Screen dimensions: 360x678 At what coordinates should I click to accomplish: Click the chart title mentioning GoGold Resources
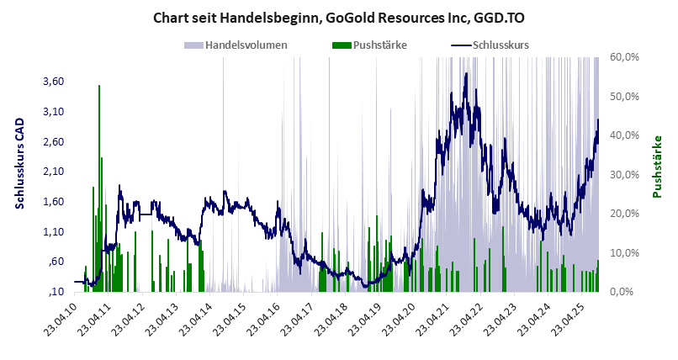click(x=338, y=17)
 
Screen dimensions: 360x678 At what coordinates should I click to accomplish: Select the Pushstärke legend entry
click(x=370, y=45)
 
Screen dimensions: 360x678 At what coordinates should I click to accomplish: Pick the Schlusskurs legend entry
click(x=491, y=45)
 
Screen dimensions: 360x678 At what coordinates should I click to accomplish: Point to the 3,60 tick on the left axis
click(x=52, y=82)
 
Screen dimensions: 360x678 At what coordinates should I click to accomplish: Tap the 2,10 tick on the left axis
click(x=52, y=172)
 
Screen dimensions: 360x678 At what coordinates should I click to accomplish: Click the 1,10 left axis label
click(x=52, y=231)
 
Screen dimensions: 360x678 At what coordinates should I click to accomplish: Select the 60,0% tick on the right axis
click(x=627, y=56)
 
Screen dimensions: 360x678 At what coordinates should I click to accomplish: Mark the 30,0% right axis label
click(x=627, y=174)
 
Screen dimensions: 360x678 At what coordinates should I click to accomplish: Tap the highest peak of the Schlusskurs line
click(x=465, y=74)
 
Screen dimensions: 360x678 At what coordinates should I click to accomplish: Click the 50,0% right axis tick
click(x=627, y=96)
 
